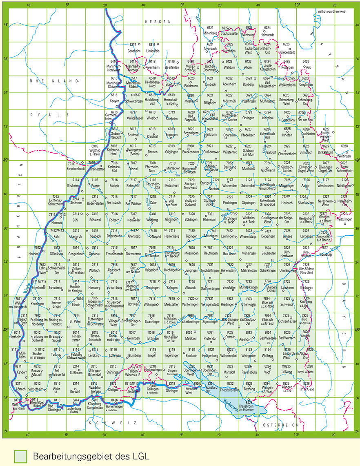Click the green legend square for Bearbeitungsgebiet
click(20, 456)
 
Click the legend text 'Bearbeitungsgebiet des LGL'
click(91, 456)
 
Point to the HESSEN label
click(157, 21)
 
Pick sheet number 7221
click(210, 197)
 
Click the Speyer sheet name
click(114, 100)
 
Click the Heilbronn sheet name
click(210, 134)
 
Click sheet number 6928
click(344, 146)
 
